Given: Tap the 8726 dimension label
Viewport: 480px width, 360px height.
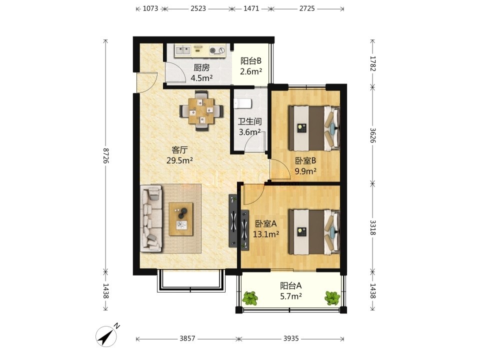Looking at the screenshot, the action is point(105,155).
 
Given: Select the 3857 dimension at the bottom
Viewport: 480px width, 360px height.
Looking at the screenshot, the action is point(187,338).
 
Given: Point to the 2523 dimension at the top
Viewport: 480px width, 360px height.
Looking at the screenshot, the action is point(198,8).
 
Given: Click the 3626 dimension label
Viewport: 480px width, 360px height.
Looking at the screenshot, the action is point(372,135).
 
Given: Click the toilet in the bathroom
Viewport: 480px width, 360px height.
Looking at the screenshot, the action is point(242,103).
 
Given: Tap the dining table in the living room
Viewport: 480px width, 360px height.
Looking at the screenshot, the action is point(201,111).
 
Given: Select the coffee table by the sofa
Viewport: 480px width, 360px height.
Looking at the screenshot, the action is point(181,219).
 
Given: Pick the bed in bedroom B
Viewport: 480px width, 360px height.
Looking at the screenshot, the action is point(314,128).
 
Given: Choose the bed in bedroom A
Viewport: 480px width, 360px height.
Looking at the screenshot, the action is point(314,232).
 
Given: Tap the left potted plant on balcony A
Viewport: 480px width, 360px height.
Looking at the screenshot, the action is point(250,298).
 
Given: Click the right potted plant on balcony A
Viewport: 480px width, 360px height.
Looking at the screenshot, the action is point(332,298).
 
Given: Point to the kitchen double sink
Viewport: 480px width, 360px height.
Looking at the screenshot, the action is point(183,50).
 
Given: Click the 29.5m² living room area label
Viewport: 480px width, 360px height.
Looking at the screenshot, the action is point(179,160).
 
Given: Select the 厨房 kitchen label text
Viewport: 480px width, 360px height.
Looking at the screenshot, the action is point(201,67).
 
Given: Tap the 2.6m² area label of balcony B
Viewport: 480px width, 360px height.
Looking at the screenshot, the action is point(251,71).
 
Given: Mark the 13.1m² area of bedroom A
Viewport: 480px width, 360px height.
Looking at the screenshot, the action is point(265,234).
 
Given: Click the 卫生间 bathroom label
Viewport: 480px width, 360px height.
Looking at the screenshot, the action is point(250,121).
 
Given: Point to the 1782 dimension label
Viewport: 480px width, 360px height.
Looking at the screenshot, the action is point(372,63).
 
